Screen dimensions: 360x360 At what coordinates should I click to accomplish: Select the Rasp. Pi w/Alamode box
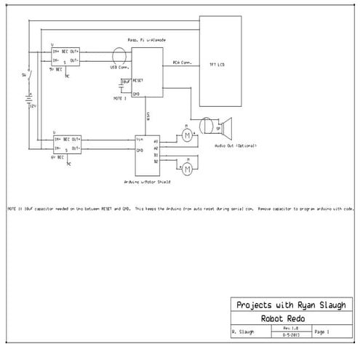[x=146, y=73]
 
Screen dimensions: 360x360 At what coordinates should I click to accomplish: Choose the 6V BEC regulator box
[x=65, y=143]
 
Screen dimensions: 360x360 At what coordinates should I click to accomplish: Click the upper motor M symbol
[x=186, y=135]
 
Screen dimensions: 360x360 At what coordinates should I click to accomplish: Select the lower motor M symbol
[x=186, y=169]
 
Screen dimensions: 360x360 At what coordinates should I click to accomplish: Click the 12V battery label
[x=33, y=105]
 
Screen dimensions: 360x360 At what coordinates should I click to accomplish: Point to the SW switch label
[x=23, y=76]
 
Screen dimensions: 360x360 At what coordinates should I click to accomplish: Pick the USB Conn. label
[x=118, y=68]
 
